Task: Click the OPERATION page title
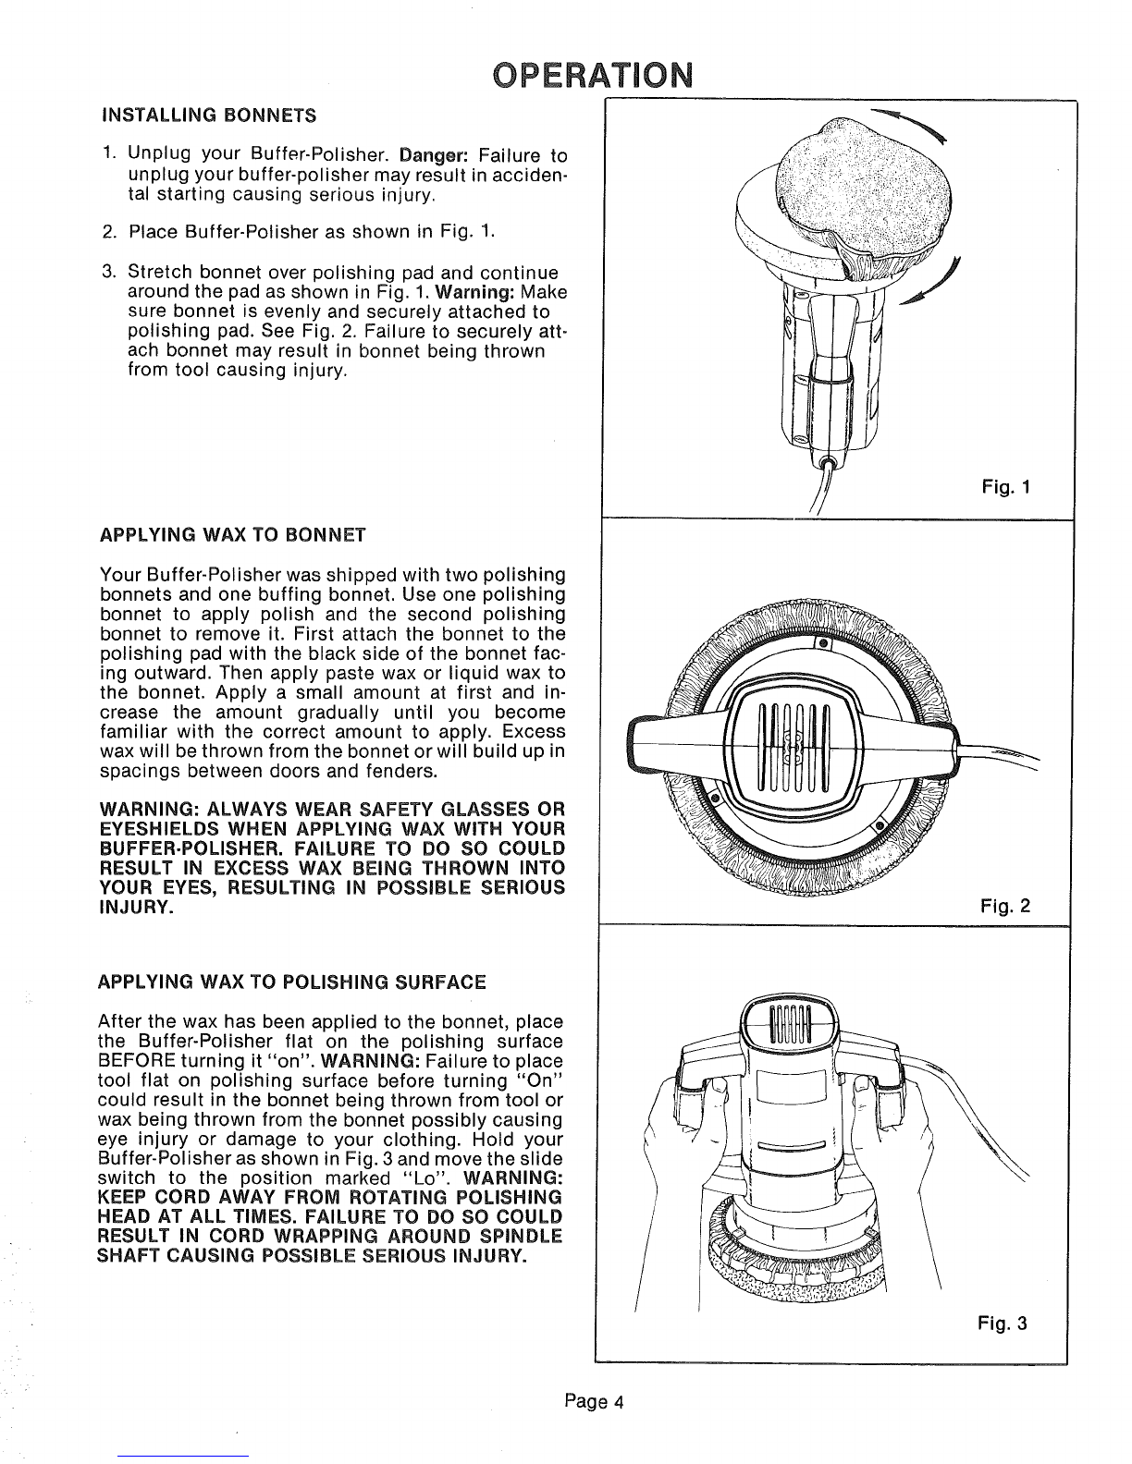(x=593, y=75)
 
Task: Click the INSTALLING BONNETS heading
(x=208, y=116)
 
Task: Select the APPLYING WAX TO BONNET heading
(x=233, y=535)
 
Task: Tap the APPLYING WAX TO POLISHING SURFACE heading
(x=292, y=982)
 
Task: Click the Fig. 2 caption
(x=1005, y=906)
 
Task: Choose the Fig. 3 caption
(x=1003, y=1324)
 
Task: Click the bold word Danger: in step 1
(x=433, y=155)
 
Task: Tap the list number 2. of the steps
(x=110, y=233)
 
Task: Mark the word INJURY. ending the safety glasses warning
(x=137, y=908)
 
